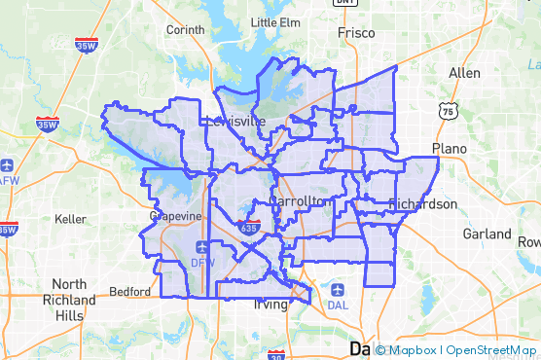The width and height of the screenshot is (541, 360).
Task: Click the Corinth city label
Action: coord(185,30)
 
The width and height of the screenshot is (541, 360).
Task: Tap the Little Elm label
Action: coord(275,22)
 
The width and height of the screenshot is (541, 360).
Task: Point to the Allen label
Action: coord(464,73)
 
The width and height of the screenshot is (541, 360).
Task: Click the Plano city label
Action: coord(450,149)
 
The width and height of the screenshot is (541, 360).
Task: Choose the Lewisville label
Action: coord(235,122)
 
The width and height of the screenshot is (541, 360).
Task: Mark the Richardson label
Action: coord(422,204)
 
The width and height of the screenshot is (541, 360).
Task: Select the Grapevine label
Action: coord(175,216)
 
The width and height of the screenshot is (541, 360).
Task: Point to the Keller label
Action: coord(71,219)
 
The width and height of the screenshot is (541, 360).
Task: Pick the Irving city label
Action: coord(271,305)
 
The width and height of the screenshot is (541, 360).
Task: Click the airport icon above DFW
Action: coord(201,247)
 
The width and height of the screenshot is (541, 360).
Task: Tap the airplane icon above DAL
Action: coord(338,289)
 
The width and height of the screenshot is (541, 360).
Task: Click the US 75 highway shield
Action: coord(448,111)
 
